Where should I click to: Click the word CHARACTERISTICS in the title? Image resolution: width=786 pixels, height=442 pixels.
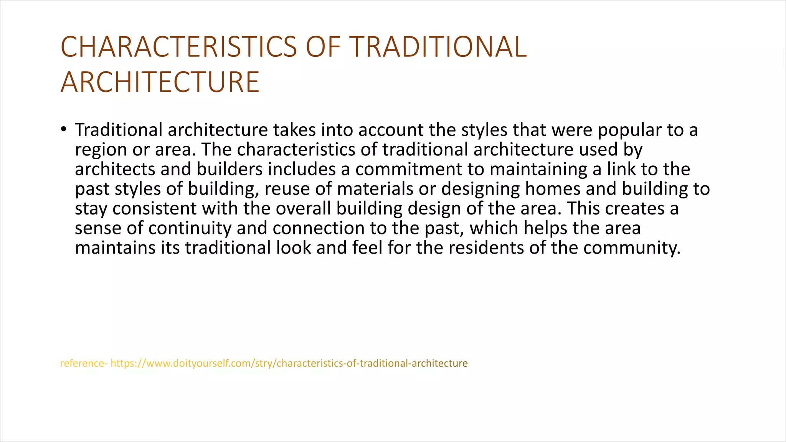[x=178, y=47]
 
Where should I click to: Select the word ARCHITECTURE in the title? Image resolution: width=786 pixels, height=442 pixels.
[x=160, y=82]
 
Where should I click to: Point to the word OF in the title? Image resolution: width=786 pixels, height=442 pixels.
[x=323, y=47]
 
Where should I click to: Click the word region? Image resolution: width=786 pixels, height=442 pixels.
[x=101, y=150]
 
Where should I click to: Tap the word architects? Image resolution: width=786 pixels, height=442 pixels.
[x=115, y=169]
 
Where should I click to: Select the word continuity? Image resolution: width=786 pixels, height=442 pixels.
[x=190, y=228]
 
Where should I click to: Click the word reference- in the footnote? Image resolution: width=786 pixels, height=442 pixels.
[x=84, y=363]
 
